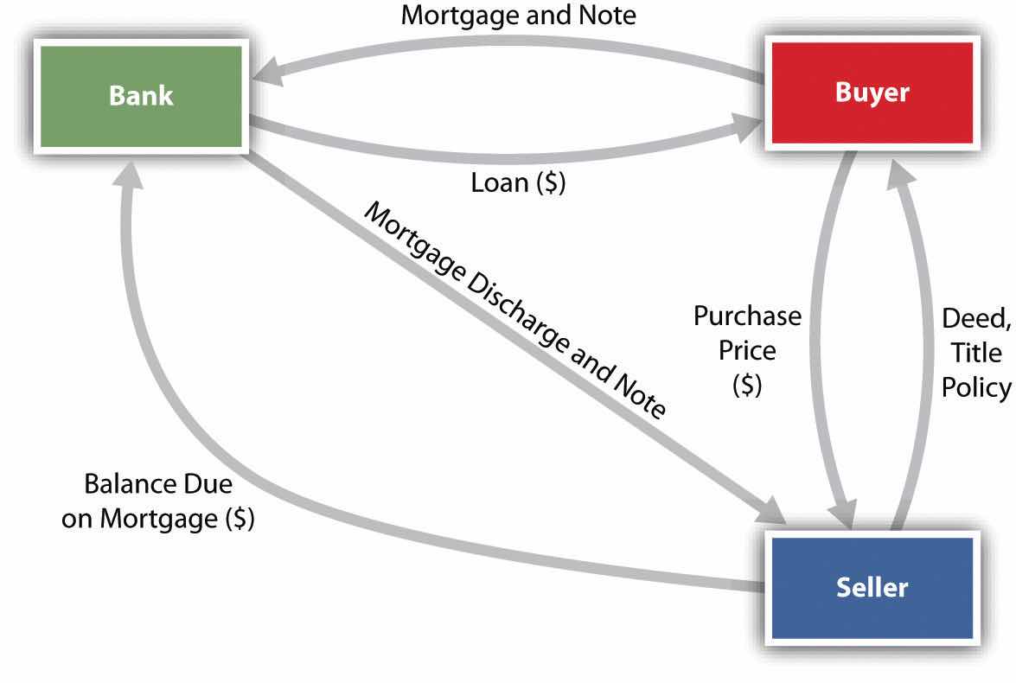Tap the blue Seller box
click(x=872, y=587)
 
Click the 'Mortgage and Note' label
click(x=519, y=15)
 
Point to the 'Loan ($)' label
click(x=518, y=182)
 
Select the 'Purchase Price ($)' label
click(x=747, y=351)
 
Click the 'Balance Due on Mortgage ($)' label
click(x=158, y=502)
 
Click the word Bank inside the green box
click(x=141, y=95)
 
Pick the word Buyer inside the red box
click(x=872, y=92)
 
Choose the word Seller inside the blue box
click(x=872, y=588)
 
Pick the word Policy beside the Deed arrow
click(x=976, y=387)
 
